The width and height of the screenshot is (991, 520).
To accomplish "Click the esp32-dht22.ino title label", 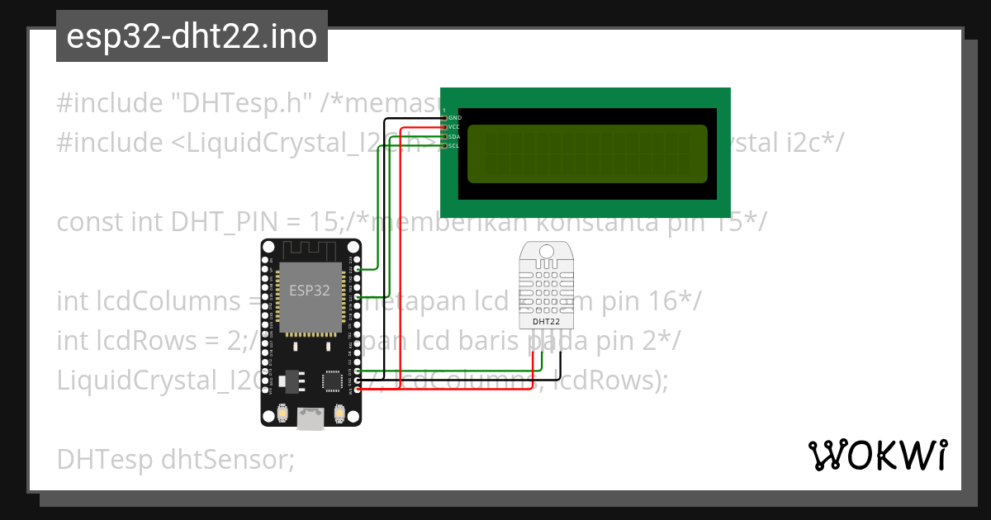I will (192, 37).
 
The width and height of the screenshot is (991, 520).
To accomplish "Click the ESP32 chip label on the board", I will (310, 291).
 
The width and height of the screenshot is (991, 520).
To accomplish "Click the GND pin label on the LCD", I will (454, 118).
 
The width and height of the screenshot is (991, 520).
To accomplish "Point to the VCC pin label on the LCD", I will (454, 127).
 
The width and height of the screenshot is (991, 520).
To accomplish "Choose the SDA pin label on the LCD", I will (454, 136).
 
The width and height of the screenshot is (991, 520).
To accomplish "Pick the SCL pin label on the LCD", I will (454, 145).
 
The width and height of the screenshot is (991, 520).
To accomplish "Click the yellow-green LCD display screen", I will (588, 154).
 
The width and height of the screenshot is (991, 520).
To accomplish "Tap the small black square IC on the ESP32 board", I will (332, 381).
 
